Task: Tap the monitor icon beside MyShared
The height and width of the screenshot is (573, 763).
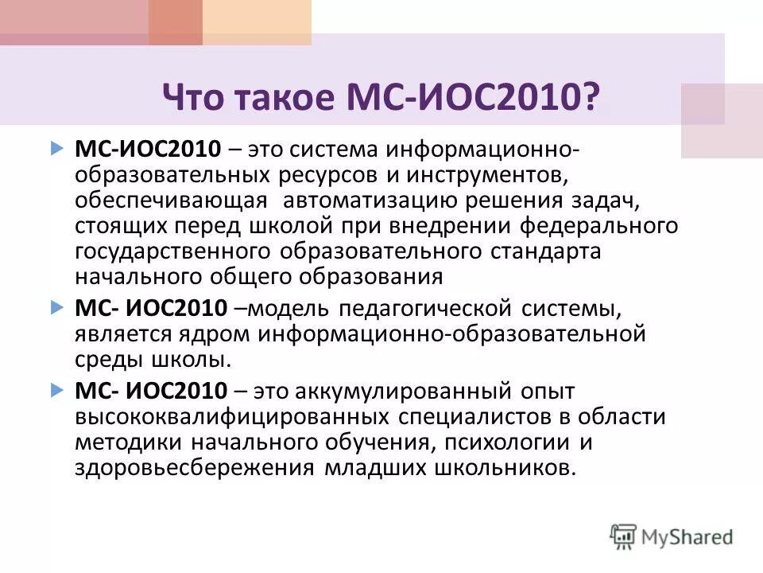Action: pyautogui.click(x=624, y=536)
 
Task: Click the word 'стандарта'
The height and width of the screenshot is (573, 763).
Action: pyautogui.click(x=543, y=251)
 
